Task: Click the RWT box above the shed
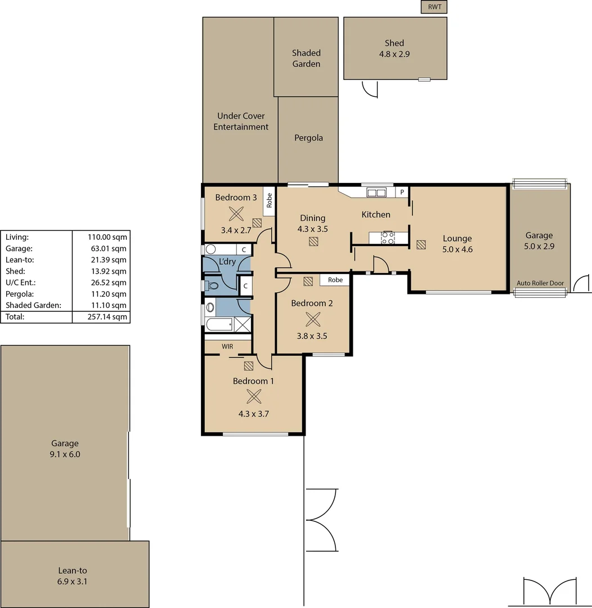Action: pos(434,7)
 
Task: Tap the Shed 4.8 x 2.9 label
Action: pos(394,48)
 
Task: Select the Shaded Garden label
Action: pos(306,59)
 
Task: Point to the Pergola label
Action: pos(308,137)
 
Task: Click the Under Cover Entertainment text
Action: pos(241,122)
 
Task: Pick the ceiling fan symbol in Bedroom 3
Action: pos(236,213)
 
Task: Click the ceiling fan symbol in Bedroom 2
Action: pos(312,319)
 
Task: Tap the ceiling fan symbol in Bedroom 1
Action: pos(254,396)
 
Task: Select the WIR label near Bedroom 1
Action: pos(227,347)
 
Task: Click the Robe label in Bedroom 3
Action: pos(270,201)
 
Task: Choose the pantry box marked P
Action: pos(402,192)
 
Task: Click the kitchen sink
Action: pos(376,193)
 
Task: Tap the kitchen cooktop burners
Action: pos(388,238)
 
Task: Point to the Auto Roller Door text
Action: pos(540,283)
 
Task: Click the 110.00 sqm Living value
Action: pos(101,237)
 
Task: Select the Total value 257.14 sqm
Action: pos(101,317)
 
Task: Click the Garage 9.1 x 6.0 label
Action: pos(65,449)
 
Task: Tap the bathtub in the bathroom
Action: pos(219,325)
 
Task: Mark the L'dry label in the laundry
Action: pos(227,261)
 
